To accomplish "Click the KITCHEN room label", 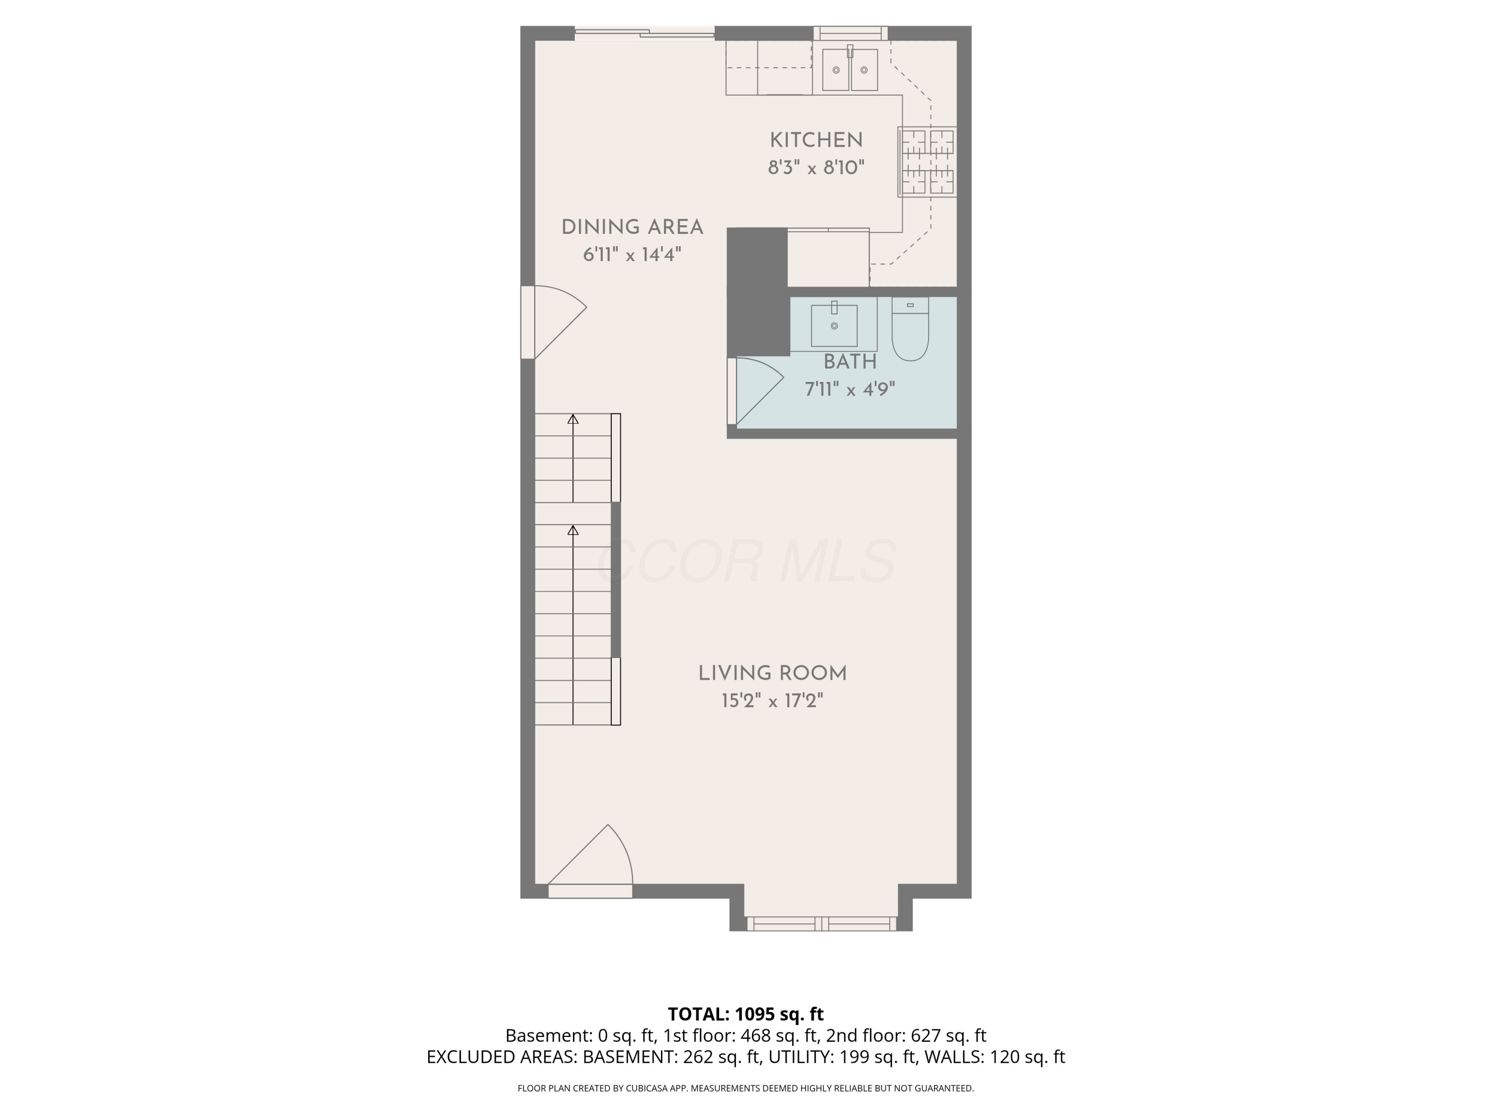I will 816,140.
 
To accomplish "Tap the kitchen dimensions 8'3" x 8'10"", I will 816,167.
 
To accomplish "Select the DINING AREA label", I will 632,227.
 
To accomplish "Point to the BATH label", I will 850,362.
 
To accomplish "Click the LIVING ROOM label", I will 772,673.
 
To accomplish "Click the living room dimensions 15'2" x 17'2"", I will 772,701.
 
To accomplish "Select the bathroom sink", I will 835,325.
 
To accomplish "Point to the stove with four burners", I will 928,162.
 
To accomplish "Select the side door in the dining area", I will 553,322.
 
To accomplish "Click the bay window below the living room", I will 821,924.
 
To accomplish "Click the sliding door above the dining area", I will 644,32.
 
